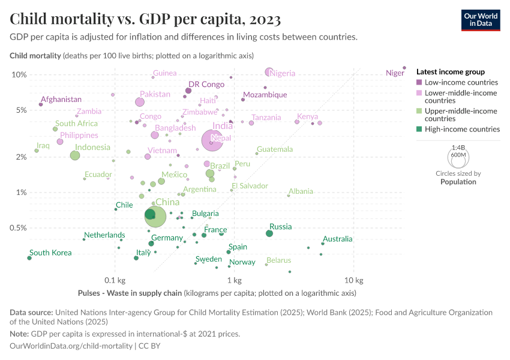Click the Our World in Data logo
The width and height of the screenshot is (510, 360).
pyautogui.click(x=480, y=19)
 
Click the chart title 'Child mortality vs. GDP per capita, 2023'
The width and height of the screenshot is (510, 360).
pyautogui.click(x=145, y=19)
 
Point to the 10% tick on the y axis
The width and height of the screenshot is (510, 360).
pyautogui.click(x=19, y=74)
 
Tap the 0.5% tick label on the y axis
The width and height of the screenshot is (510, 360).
pyautogui.click(x=18, y=228)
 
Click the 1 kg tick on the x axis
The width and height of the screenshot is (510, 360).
pyautogui.click(x=234, y=280)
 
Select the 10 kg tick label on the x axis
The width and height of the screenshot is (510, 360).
pyautogui.click(x=354, y=280)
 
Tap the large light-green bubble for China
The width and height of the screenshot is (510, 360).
pyautogui.click(x=155, y=217)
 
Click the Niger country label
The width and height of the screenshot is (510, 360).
pyautogui.click(x=395, y=73)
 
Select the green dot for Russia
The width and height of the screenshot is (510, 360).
pyautogui.click(x=269, y=233)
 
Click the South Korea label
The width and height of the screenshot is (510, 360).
pyautogui.click(x=50, y=253)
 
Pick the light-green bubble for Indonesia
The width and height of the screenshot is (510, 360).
pyautogui.click(x=75, y=155)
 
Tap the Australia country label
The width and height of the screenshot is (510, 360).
pyautogui.click(x=338, y=239)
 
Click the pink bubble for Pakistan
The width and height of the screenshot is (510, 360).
pyautogui.click(x=140, y=102)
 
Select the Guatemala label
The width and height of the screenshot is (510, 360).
pyautogui.click(x=275, y=149)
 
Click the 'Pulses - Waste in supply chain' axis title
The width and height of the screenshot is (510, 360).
pyautogui.click(x=130, y=293)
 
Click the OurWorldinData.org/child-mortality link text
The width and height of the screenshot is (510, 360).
pyautogui.click(x=71, y=346)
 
